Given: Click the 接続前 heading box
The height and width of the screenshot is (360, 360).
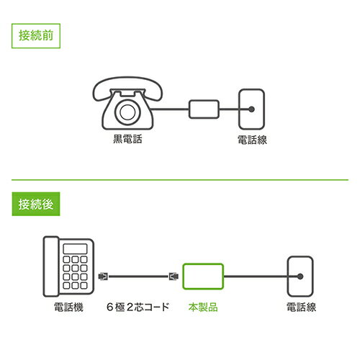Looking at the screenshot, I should pyautogui.click(x=36, y=36).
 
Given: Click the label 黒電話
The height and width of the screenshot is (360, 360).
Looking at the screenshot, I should pyautogui.click(x=127, y=140).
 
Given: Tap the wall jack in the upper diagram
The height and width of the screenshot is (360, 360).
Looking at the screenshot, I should pyautogui.click(x=252, y=109).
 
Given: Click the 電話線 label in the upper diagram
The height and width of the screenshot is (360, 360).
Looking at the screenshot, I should pyautogui.click(x=252, y=140).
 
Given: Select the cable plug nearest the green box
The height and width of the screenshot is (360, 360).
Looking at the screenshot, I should pyautogui.click(x=172, y=275).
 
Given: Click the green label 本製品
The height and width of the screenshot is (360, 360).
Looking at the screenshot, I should pyautogui.click(x=204, y=307).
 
